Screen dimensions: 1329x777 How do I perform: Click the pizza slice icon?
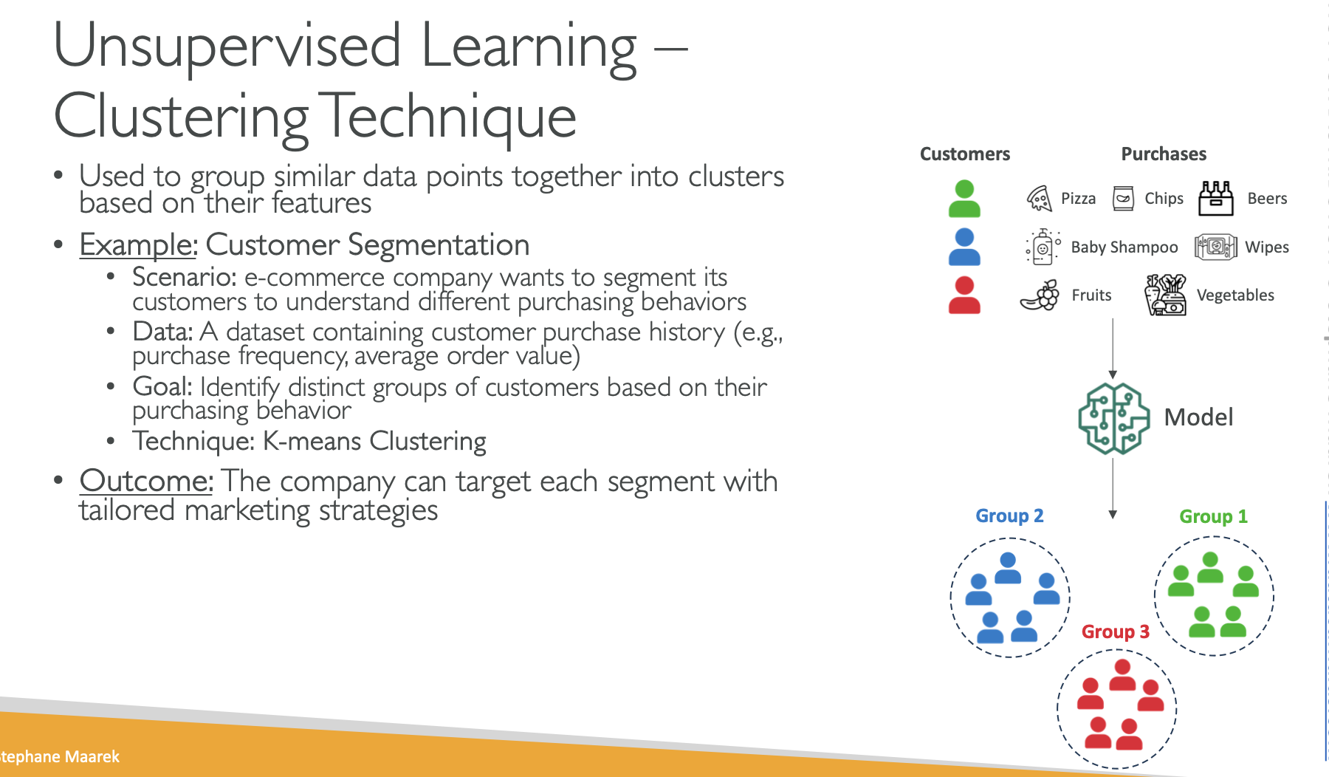(1039, 198)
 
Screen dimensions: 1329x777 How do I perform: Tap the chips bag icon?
(1123, 198)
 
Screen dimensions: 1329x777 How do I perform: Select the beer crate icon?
(1215, 198)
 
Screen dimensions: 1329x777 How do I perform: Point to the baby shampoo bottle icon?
(1042, 247)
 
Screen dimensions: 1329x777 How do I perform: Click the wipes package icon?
(1215, 247)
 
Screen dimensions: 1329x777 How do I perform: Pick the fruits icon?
(1040, 295)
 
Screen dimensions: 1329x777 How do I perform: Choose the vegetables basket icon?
(1166, 295)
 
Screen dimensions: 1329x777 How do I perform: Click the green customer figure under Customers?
(964, 199)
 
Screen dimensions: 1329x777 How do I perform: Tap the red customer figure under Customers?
(964, 295)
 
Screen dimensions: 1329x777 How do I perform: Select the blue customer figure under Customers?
(964, 247)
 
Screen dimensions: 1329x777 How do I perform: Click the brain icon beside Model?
(1113, 418)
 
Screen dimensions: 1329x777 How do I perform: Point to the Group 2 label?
(1009, 516)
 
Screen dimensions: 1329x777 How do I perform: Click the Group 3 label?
(1115, 631)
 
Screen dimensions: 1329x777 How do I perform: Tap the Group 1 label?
(1213, 516)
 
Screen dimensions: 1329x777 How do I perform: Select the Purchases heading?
(1164, 154)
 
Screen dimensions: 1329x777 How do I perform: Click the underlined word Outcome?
(146, 481)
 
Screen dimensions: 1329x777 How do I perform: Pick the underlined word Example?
(138, 244)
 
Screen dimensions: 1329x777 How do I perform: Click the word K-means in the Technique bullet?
(312, 441)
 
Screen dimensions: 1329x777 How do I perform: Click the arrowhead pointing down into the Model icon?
(1113, 374)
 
